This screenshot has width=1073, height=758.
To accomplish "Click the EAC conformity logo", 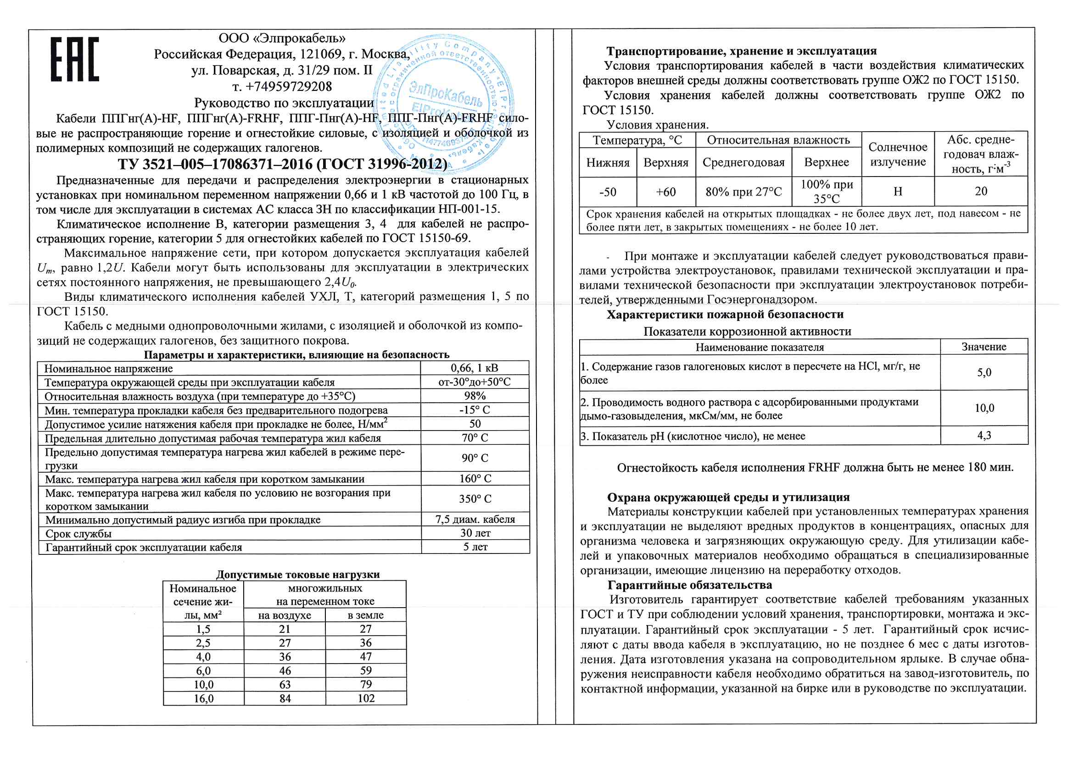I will tap(75, 59).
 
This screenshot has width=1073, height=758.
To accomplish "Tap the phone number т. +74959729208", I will tap(282, 87).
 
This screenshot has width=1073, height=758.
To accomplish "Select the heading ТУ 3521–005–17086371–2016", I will tap(282, 165).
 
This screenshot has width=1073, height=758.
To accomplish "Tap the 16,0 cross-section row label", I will tap(204, 699).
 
